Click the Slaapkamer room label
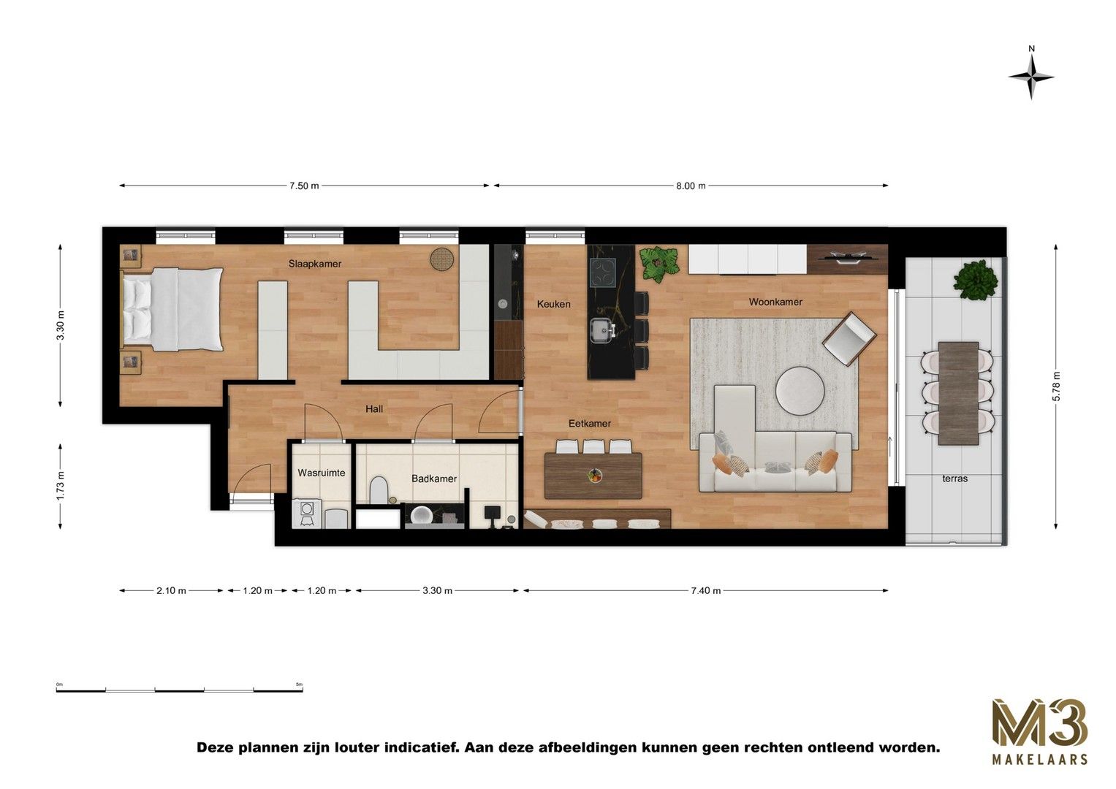click(315, 264)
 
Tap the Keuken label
click(553, 304)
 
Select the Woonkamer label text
click(775, 302)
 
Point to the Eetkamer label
click(590, 424)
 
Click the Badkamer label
click(433, 479)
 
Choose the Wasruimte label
click(321, 473)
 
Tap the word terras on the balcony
click(954, 479)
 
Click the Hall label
click(374, 409)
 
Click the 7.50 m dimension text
click(304, 186)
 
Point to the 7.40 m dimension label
click(705, 590)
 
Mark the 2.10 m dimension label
click(171, 590)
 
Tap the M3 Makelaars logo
click(1039, 731)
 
